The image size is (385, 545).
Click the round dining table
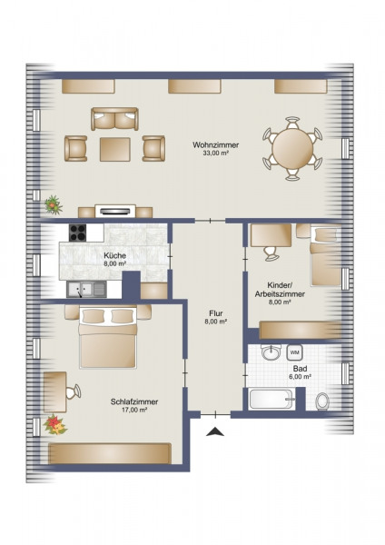coord(292,149)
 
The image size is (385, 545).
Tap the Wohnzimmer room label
coord(216,144)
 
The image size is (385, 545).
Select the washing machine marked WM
coord(294,352)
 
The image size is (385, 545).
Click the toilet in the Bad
coord(322,401)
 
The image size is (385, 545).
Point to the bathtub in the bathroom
coord(271,399)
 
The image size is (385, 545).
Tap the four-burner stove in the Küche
coord(78,233)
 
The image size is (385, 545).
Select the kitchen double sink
coord(87,290)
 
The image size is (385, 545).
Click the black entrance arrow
coord(215,431)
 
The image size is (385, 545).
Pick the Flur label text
coord(216,314)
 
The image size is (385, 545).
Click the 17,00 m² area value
coord(133,410)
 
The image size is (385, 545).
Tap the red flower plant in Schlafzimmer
coord(54,425)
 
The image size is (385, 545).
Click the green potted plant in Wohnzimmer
coord(54,204)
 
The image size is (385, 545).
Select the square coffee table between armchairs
coord(115,150)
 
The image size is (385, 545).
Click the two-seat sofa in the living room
coord(114,119)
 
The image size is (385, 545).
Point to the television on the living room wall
coord(115,211)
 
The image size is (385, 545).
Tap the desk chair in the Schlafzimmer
coord(74,391)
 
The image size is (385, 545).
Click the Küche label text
coord(114,255)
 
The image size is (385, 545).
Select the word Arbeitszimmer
coord(280,294)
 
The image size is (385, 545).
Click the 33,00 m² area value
coord(216,153)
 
